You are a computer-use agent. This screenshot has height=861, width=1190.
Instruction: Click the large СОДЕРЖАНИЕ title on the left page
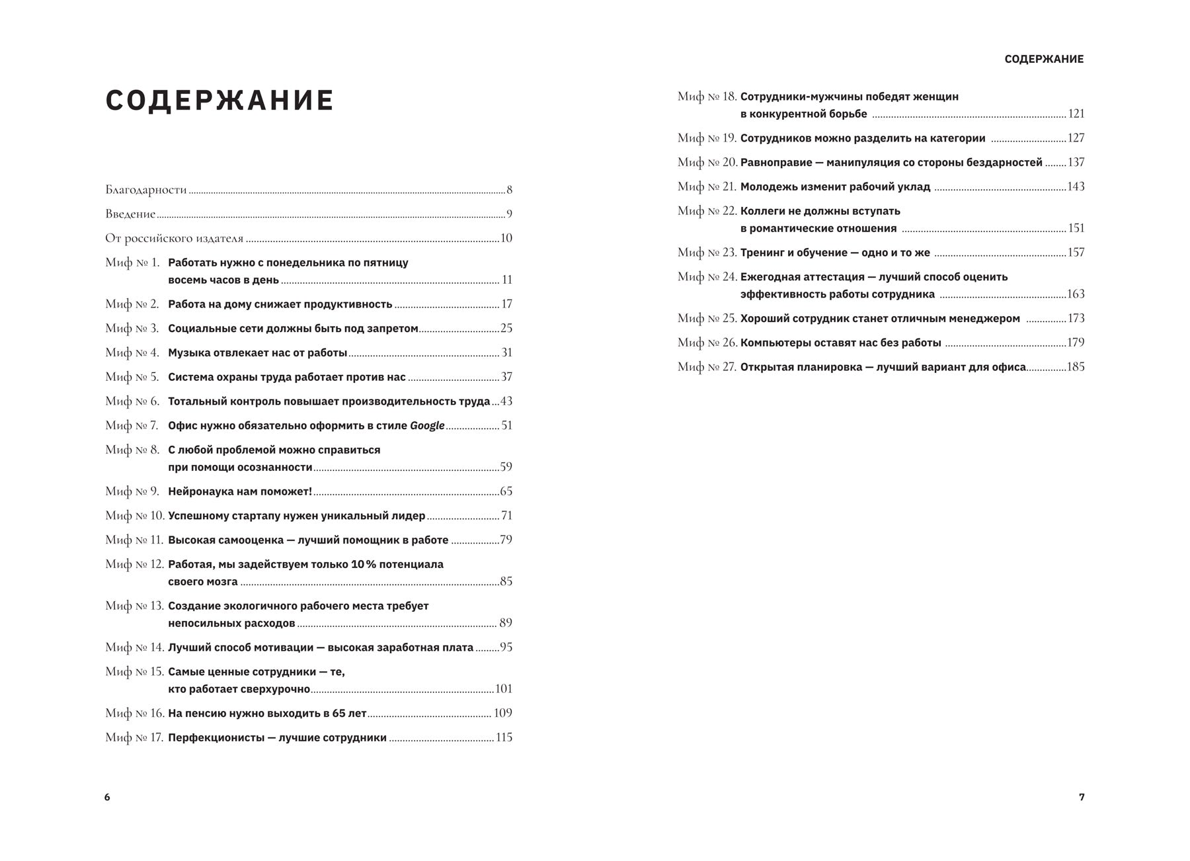click(x=219, y=101)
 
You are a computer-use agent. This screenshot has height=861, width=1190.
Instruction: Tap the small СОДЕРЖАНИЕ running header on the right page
click(x=1044, y=60)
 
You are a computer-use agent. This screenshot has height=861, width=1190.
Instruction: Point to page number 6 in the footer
click(x=107, y=798)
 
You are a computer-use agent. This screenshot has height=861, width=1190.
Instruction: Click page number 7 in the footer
click(x=1082, y=798)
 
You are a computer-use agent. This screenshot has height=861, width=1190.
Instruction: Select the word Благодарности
click(x=146, y=190)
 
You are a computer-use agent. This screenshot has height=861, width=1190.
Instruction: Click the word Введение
click(x=130, y=214)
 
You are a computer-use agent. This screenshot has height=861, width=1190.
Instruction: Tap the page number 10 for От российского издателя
click(x=506, y=239)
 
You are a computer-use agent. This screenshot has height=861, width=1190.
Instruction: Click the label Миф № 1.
click(x=132, y=263)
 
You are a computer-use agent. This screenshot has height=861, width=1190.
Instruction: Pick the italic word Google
click(x=427, y=426)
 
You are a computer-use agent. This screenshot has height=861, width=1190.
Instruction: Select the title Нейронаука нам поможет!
click(x=240, y=491)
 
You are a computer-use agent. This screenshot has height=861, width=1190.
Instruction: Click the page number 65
click(x=506, y=491)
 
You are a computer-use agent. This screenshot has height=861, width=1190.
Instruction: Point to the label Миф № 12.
click(x=134, y=564)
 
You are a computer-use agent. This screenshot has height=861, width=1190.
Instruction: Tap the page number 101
click(x=504, y=689)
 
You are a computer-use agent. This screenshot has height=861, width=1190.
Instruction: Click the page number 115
click(x=504, y=737)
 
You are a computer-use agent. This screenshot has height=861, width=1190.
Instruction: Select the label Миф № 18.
click(x=707, y=97)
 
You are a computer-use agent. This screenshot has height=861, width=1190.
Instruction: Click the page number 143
click(x=1076, y=187)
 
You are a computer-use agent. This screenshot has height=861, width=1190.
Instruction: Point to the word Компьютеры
click(x=774, y=343)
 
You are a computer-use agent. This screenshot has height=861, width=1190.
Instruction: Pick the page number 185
click(x=1076, y=367)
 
